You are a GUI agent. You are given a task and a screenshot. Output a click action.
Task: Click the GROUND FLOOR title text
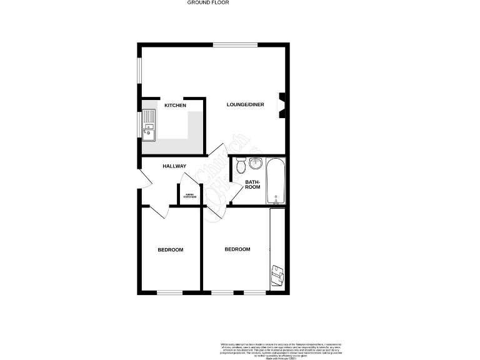click(x=208, y=2)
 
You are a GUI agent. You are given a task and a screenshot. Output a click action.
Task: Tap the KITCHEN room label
click(x=175, y=106)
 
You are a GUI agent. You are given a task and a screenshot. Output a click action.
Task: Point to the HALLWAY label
click(x=174, y=166)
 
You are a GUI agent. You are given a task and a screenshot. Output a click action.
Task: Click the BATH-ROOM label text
click(x=252, y=184)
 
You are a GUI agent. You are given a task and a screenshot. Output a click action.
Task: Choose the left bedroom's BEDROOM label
click(x=170, y=250)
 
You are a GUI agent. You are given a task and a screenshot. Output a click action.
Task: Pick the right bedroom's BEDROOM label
click(x=237, y=249)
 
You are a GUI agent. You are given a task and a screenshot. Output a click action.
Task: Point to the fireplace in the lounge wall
click(x=282, y=105)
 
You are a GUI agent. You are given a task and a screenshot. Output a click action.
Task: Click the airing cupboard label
click(x=191, y=197)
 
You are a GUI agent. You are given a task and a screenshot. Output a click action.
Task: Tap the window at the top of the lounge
click(x=235, y=44)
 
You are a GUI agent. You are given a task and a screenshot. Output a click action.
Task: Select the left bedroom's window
click(x=169, y=292)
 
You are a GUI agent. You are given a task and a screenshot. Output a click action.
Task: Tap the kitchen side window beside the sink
click(x=139, y=125)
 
